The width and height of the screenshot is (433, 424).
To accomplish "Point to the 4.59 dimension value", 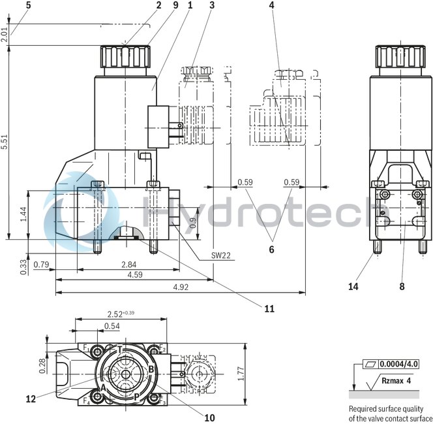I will coord(135,276).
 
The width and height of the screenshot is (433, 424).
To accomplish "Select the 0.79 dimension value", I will coord(41,264).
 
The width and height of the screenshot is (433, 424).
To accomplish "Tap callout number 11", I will coord(269,308).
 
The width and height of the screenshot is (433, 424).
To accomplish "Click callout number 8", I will coord(402,285).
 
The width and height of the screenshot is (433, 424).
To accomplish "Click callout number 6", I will coord(271,249).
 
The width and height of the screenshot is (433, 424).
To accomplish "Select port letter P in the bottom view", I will coord(136,396).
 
